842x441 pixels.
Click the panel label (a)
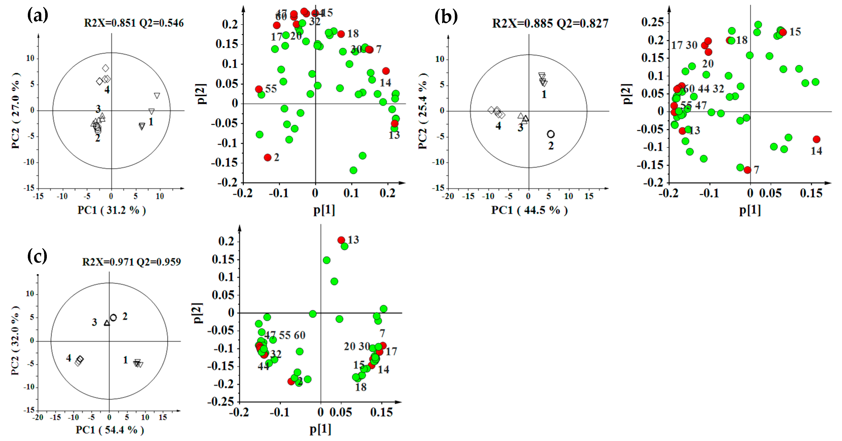[38, 15]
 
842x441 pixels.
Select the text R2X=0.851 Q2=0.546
[134, 23]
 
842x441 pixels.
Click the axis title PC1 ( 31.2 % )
[112, 210]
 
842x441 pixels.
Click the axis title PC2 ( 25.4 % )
[423, 111]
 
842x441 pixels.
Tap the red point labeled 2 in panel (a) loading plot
[268, 157]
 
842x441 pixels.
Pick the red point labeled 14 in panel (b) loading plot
[816, 140]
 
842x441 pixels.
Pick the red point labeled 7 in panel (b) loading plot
[747, 170]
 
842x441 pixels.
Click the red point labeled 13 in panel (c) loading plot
[341, 240]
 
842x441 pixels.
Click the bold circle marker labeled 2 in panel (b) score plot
[551, 134]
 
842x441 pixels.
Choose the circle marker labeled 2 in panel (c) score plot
[113, 317]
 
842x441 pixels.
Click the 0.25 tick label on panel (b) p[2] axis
[652, 22]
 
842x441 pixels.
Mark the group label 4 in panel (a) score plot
[107, 90]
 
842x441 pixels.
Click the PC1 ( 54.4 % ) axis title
[110, 430]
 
